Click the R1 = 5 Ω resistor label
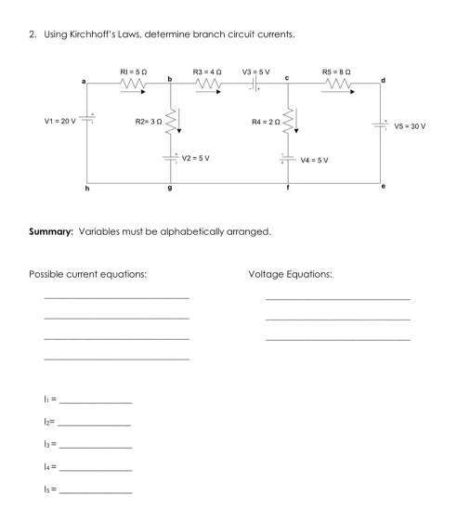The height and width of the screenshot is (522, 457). click(x=133, y=71)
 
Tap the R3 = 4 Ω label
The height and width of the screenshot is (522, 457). click(x=206, y=71)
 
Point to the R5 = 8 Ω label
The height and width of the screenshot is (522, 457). click(x=336, y=71)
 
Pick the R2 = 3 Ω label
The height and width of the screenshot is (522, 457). click(x=148, y=121)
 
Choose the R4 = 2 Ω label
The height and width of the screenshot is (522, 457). click(x=266, y=121)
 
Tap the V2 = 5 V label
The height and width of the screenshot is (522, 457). click(x=196, y=158)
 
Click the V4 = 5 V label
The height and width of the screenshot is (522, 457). click(x=314, y=160)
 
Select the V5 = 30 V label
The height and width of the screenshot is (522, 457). click(x=409, y=125)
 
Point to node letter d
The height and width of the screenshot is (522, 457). click(x=384, y=82)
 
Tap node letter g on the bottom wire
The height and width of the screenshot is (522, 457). click(x=169, y=189)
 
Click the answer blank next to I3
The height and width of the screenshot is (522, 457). click(x=95, y=446)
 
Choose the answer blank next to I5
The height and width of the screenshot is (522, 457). click(x=95, y=490)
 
